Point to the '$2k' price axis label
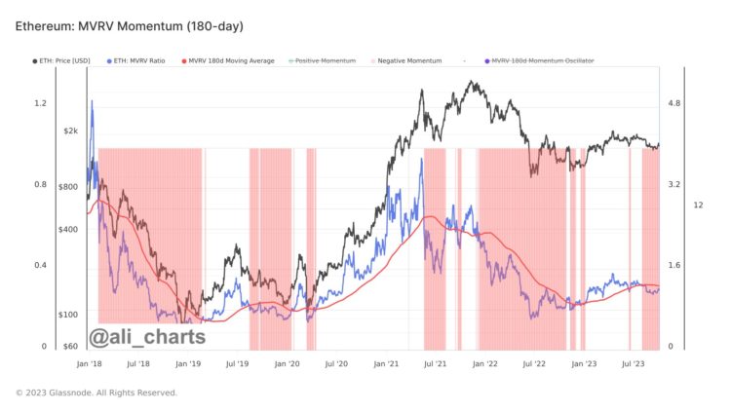click(70, 131)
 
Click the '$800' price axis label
click(68, 186)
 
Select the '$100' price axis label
click(68, 315)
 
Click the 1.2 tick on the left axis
click(40, 103)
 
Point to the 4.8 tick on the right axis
click(673, 103)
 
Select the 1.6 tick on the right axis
click(673, 265)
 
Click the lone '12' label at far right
click(698, 205)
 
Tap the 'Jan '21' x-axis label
click(386, 363)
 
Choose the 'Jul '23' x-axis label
click(634, 363)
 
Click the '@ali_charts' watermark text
click(147, 337)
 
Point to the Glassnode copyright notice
click(96, 392)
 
